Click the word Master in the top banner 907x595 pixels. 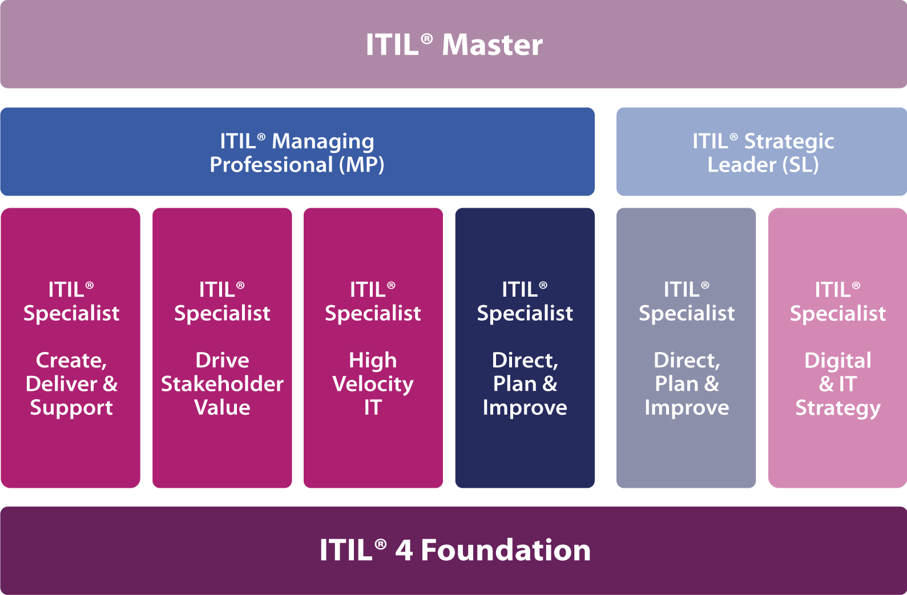coord(492,44)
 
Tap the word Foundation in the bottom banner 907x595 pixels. coord(506,550)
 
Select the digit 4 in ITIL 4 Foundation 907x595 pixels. coord(404,551)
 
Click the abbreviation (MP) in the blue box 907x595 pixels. coord(361,165)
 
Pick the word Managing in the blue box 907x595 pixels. coord(323,142)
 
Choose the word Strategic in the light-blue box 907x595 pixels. coord(789,142)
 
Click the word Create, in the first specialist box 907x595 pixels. coord(71,360)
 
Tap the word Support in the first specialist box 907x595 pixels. coord(71,407)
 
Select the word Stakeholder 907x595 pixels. coord(222,384)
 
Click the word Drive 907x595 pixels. coord(222,360)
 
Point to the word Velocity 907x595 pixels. coord(373,384)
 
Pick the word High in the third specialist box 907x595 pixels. coord(373,361)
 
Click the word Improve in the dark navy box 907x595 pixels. coord(525,407)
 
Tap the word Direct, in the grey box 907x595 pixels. coord(687,360)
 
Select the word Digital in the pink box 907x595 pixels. coord(838,361)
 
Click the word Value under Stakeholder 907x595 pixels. coord(222,407)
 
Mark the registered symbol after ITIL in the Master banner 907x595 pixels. coord(427,39)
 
